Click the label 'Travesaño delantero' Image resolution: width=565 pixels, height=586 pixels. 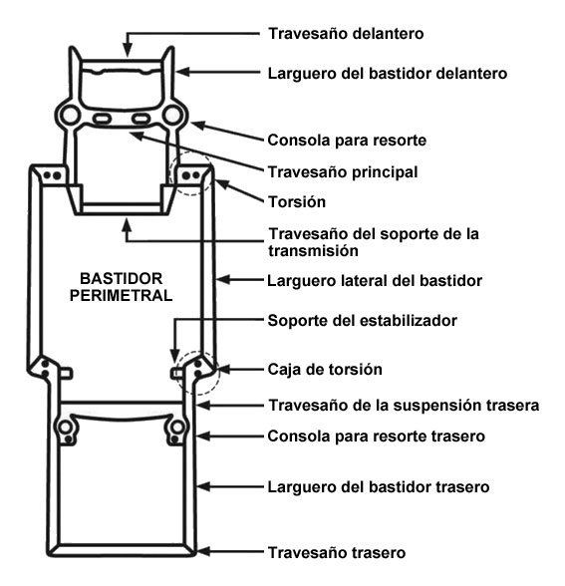click(346, 34)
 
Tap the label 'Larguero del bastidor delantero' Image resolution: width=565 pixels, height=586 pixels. click(388, 74)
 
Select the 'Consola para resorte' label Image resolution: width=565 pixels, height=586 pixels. click(347, 141)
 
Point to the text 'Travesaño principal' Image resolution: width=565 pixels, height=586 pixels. click(343, 172)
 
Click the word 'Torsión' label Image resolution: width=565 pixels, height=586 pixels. click(297, 202)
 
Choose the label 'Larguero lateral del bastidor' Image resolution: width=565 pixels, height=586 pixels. click(375, 281)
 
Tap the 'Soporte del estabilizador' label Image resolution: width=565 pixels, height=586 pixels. click(363, 321)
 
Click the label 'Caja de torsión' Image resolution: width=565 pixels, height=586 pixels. click(325, 370)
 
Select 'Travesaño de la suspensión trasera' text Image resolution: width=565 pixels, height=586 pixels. click(404, 406)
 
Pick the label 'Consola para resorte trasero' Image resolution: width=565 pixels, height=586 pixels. click(377, 437)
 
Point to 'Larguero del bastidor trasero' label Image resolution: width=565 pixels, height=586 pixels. click(379, 487)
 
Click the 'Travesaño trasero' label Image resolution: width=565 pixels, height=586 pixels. click(337, 553)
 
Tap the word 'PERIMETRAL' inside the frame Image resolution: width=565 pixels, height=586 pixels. click(122, 296)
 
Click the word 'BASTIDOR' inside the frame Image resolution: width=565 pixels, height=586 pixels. click(122, 279)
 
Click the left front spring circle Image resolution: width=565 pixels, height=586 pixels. click(70, 115)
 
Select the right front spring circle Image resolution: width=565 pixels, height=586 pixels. click(172, 115)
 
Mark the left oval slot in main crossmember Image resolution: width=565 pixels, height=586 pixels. click(102, 120)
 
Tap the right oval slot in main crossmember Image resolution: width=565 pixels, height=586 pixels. click(141, 120)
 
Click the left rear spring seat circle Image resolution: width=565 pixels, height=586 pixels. click(66, 428)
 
